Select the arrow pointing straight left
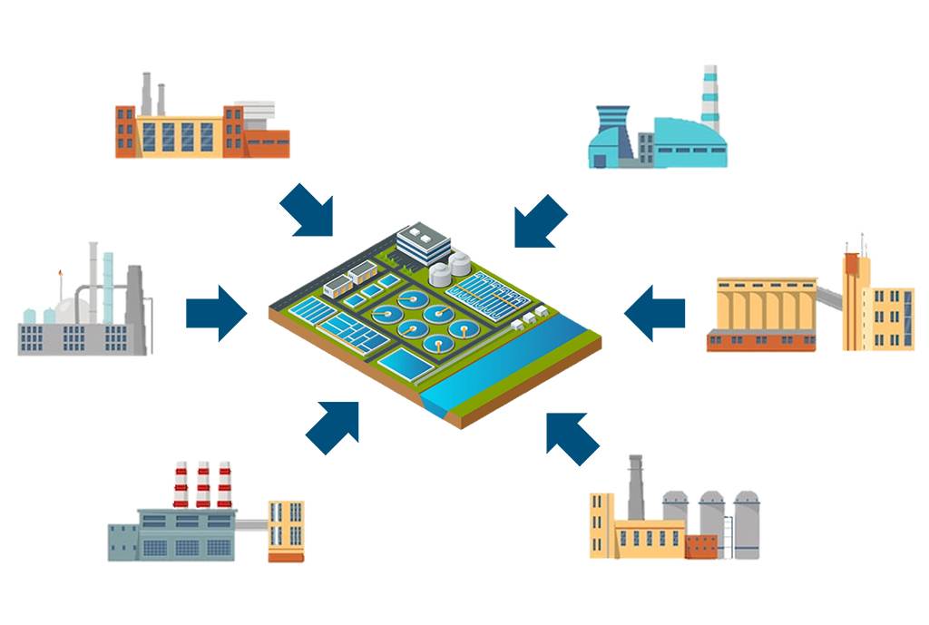[654, 314]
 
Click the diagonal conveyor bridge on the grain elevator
[827, 296]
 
